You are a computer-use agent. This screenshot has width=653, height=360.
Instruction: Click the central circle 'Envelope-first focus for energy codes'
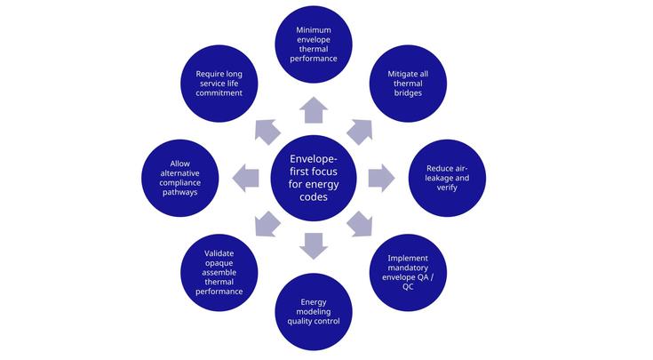[314, 178]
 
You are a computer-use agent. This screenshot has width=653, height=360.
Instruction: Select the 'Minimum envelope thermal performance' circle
[314, 44]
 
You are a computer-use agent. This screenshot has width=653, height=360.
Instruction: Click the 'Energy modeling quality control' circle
[314, 312]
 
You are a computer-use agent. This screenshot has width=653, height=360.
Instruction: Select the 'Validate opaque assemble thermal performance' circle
[218, 272]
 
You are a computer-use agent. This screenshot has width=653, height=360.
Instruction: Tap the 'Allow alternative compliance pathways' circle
[179, 178]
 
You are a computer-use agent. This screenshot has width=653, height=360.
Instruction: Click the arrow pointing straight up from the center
[314, 110]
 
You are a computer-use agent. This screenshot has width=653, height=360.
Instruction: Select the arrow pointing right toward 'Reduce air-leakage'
[381, 177]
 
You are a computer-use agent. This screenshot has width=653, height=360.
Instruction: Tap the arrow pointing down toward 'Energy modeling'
[314, 245]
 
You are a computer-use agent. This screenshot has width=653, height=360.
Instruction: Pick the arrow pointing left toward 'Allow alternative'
[246, 178]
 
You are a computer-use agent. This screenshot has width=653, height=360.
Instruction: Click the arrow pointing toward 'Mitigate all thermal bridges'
[360, 131]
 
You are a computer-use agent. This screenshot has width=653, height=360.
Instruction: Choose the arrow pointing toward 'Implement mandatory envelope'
[360, 224]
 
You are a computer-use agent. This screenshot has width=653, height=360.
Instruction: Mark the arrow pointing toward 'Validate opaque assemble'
[267, 224]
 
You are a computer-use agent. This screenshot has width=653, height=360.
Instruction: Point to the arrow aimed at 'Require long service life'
[267, 132]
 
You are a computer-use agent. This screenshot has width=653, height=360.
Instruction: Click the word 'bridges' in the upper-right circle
[407, 93]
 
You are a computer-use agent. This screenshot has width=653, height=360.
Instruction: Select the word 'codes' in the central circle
[314, 196]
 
